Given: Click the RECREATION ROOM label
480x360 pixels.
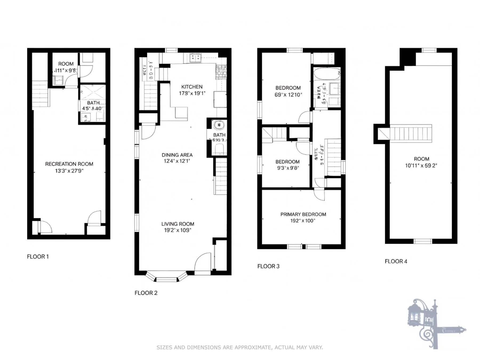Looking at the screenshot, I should tap(69, 164).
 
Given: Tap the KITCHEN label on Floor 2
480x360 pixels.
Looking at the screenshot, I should tap(192, 87).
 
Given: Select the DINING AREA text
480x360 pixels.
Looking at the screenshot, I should tap(177, 155).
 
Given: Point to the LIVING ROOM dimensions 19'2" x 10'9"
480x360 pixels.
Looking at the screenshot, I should tap(178, 230).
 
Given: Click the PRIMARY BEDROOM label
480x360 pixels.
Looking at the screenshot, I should tap(303, 214).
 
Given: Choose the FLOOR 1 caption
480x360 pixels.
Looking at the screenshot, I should tap(38, 257).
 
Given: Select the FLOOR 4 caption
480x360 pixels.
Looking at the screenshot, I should tap(396, 261).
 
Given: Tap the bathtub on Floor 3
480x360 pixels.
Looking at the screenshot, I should tap(327, 74).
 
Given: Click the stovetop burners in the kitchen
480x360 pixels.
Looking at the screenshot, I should tap(195, 58).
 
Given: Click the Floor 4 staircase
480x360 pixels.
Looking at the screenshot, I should tap(411, 133).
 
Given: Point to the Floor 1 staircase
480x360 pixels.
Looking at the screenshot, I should tap(41, 94).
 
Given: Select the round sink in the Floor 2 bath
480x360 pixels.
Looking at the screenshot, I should tap(219, 125).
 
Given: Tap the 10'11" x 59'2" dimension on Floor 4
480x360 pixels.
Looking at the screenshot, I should tap(421, 166).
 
